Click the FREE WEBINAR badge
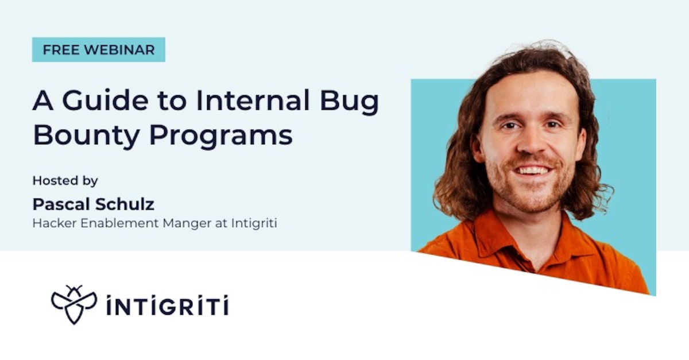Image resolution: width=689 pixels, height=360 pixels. (98, 50)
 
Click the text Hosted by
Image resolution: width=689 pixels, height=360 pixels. (65, 180)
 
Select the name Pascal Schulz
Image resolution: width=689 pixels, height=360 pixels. (93, 204)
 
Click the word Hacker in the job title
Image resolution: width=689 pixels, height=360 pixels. (50, 223)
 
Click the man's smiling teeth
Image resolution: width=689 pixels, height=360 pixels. (533, 171)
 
